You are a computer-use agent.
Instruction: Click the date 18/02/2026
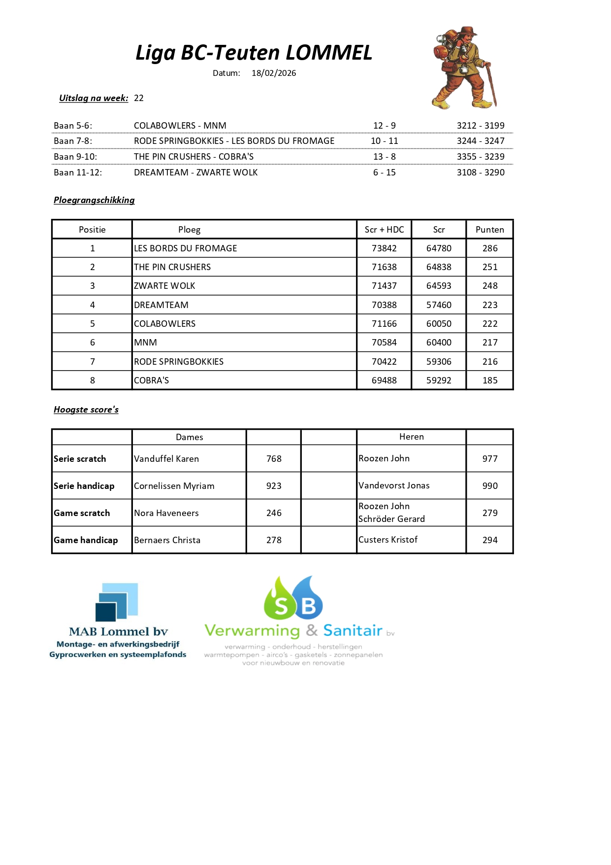274,73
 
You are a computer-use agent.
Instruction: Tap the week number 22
139,98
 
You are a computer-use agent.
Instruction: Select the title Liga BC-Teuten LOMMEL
254,53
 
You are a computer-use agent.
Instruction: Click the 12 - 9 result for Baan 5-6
384,126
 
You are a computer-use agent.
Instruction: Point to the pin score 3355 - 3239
481,157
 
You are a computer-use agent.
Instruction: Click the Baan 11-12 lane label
78,173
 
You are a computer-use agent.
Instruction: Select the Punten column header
489,230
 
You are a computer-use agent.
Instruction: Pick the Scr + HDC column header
384,230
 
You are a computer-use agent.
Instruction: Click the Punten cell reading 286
489,248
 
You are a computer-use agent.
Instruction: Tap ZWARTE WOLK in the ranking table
165,286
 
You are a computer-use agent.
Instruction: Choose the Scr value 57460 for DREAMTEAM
439,305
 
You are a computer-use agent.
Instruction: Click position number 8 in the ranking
92,381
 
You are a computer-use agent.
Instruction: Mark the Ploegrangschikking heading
94,200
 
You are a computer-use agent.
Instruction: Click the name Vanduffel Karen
166,459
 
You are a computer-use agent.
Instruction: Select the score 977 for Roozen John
489,459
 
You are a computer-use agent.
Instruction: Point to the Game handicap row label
86,540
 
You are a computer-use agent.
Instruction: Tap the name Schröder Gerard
391,519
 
